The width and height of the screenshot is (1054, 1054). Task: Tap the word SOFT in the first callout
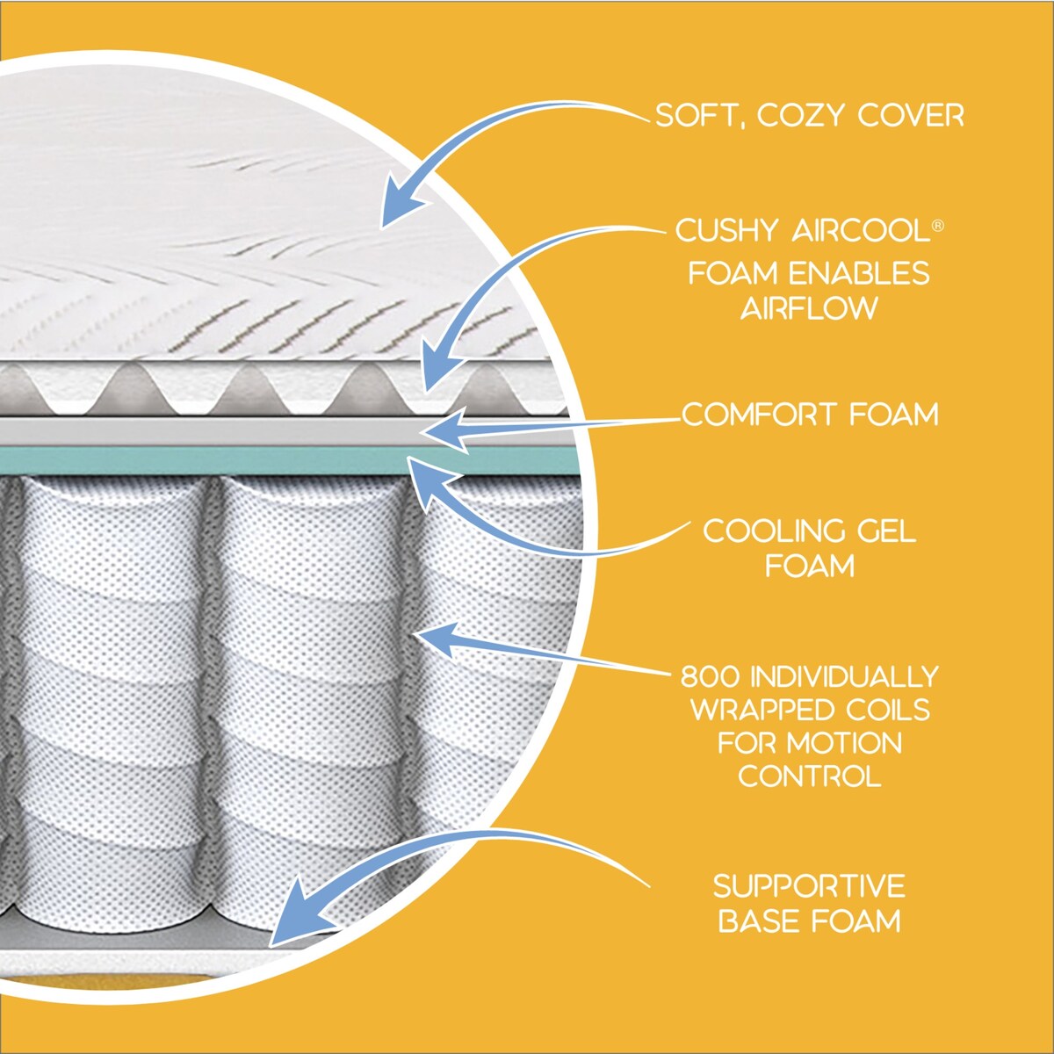point(696,115)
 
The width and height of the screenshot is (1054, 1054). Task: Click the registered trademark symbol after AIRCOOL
point(938,226)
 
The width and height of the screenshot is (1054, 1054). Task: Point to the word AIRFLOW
point(809,308)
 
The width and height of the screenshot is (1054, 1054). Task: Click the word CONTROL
point(809,776)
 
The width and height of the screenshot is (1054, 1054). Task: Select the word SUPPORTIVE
point(809,885)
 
